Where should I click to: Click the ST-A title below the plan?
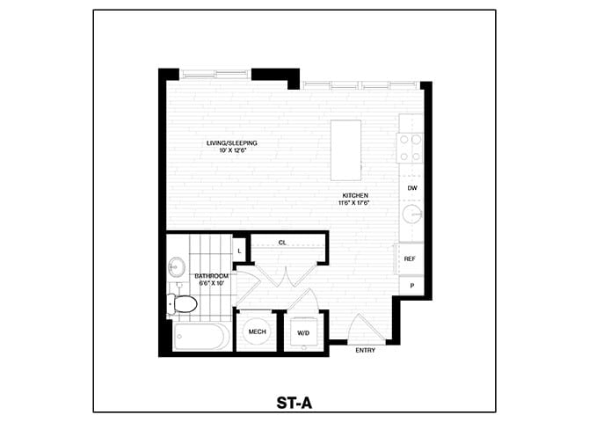(294, 404)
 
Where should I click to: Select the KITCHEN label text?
(354, 195)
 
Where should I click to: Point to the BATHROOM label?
(211, 276)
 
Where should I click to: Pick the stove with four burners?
(411, 147)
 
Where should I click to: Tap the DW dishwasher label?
(411, 188)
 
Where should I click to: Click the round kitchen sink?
(411, 215)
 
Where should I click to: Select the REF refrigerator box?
(410, 258)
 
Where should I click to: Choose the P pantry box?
(411, 287)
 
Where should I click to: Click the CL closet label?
(282, 242)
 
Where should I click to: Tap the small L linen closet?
(238, 251)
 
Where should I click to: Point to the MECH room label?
(257, 331)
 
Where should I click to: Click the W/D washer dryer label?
(304, 332)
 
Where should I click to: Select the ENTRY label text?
(366, 351)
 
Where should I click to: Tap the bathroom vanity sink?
(177, 265)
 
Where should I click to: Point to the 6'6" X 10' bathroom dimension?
(212, 284)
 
